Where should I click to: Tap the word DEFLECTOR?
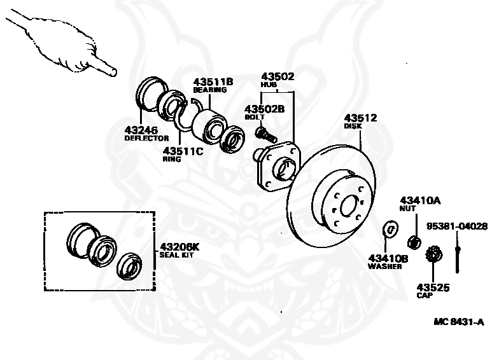click(x=146, y=138)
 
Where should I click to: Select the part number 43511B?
click(x=213, y=81)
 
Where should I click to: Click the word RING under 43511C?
click(x=172, y=160)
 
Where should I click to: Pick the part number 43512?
click(x=361, y=118)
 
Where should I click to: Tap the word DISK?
click(x=353, y=126)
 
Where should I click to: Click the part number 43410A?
click(x=419, y=200)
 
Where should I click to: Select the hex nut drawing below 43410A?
click(x=412, y=241)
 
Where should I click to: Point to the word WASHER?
click(x=384, y=267)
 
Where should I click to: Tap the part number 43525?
click(x=433, y=287)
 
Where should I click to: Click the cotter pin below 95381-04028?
click(x=457, y=254)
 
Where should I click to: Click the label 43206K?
click(x=179, y=246)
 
